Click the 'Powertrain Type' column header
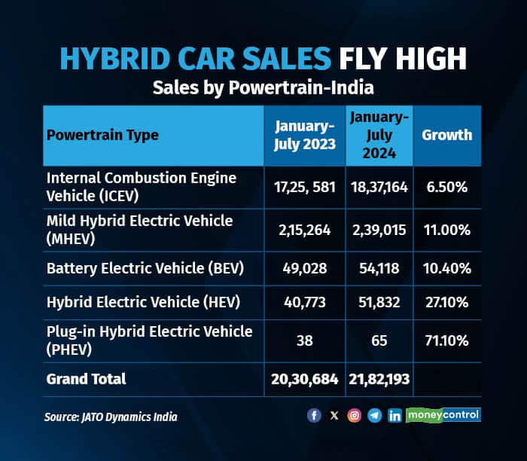coord(102,136)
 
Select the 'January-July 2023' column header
coord(303,136)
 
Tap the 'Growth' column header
coord(446,136)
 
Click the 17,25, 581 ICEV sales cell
coord(303,186)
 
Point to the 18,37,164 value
coord(379,186)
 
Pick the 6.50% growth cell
coord(446,186)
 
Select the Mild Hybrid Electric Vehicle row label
coord(139,229)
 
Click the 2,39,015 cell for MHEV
coord(379,229)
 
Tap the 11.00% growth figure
coord(446,229)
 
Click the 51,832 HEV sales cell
coord(379,302)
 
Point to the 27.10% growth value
coord(446,302)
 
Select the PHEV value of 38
coord(303,340)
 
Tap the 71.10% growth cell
coord(446,340)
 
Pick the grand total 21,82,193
coord(379,378)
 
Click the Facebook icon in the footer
coord(314,415)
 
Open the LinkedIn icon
coord(394,415)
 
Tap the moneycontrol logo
coord(443,415)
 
